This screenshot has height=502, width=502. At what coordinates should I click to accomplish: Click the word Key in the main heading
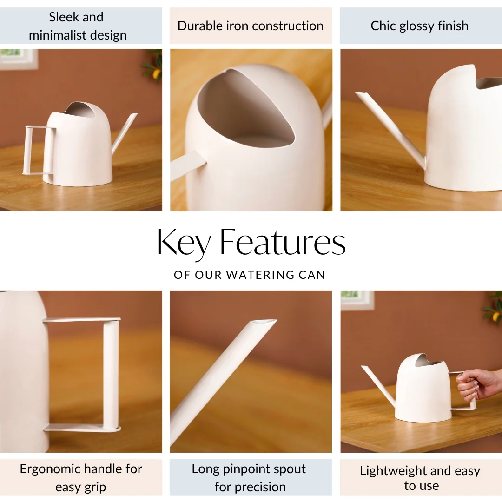click(x=184, y=242)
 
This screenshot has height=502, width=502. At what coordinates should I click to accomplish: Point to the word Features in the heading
click(x=283, y=242)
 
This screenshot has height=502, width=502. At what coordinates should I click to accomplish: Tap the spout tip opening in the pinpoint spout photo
click(x=264, y=322)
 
